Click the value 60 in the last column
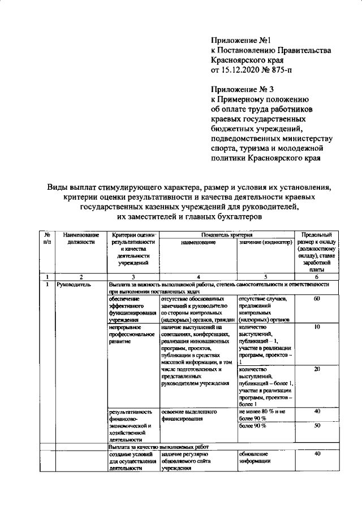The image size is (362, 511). pyautogui.click(x=317, y=298)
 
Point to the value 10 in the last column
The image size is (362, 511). pyautogui.click(x=317, y=326)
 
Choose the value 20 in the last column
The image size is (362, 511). pyautogui.click(x=317, y=369)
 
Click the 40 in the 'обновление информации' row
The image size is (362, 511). pyautogui.click(x=317, y=453)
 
